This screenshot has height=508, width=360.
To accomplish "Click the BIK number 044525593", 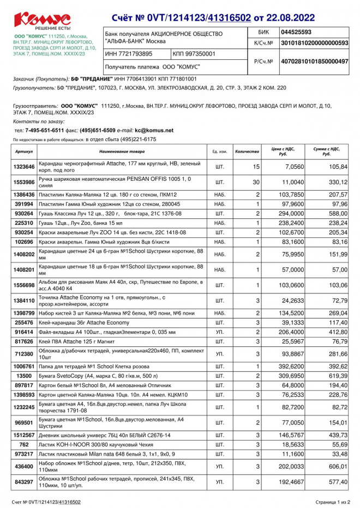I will point(296,32).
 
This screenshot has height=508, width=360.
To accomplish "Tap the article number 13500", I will point(25,376).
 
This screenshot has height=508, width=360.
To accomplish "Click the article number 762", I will point(25,444).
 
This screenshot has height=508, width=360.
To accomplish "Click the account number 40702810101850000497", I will point(314,62).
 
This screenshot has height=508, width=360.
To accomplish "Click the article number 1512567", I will point(25,435).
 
